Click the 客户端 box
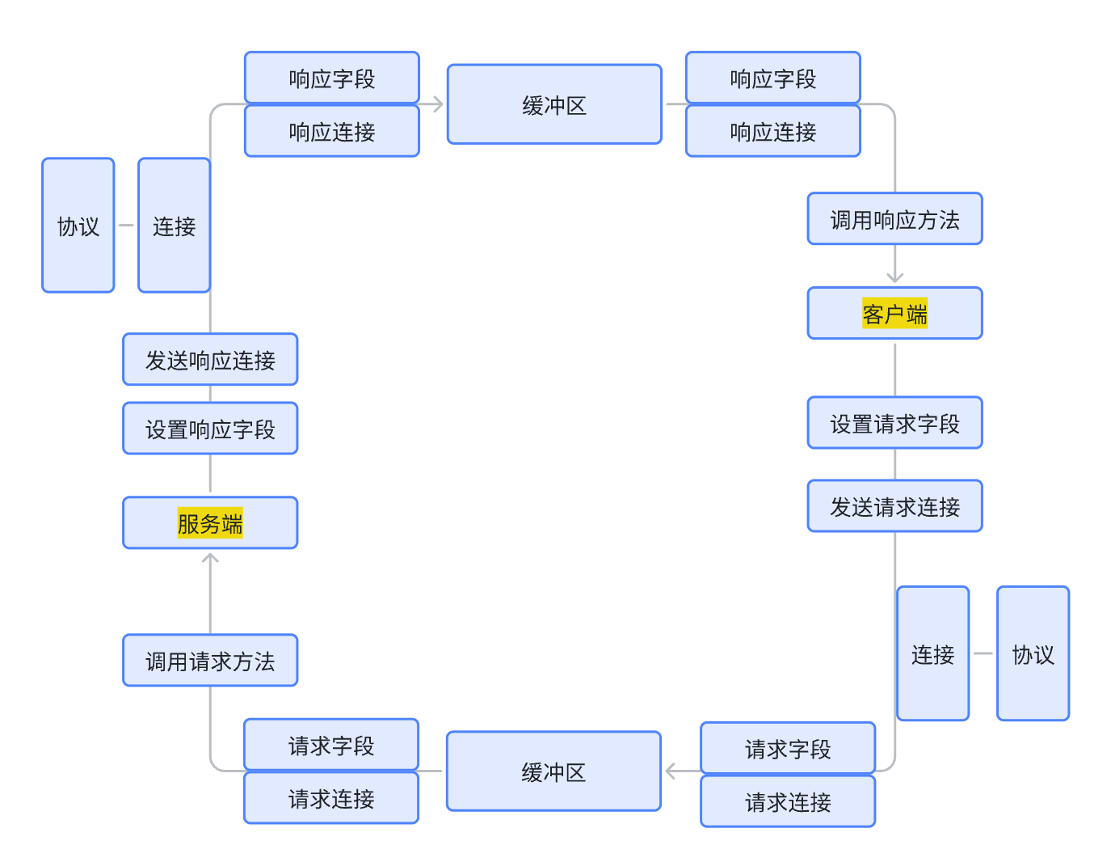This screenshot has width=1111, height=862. pos(894,313)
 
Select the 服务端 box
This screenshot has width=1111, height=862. pos(210,522)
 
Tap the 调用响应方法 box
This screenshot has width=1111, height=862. pos(894,218)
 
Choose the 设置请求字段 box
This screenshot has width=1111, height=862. pos(894,422)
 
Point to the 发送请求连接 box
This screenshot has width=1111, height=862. pos(894,506)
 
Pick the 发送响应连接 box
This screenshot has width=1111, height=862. pos(210,359)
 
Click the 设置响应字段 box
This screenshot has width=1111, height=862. pos(210,428)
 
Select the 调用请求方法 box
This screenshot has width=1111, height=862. pos(210,660)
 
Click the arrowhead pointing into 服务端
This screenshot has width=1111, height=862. pos(210,557)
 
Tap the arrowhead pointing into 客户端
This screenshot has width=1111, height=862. pos(894,277)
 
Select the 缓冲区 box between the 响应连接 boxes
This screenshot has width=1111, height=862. pos(554,104)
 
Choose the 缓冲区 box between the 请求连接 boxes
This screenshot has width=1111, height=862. pos(553,771)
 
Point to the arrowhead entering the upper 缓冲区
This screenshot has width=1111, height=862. pos(438,104)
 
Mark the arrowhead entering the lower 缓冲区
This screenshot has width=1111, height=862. pos(671,771)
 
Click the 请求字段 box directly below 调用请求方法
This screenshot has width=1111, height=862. pos(331,744)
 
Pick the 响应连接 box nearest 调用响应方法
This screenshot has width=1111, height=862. pos(772,131)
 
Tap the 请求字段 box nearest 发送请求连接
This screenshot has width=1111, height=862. pos(788,748)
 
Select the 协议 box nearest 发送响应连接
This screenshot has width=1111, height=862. pos(78,225)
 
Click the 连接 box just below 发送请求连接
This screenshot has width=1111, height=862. pos(932,653)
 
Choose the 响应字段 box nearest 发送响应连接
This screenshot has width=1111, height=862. pos(332,78)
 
